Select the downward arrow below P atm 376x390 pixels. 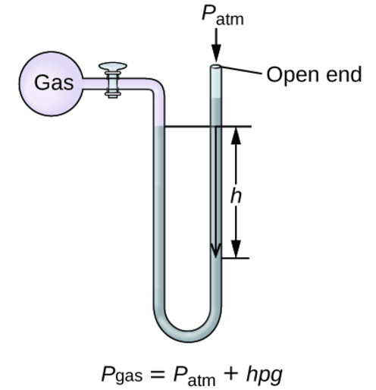click(217, 50)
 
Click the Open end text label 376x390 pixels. click(312, 74)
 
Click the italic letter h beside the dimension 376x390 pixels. click(236, 195)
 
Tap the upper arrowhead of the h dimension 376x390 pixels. click(236, 135)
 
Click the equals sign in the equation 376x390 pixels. click(158, 374)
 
